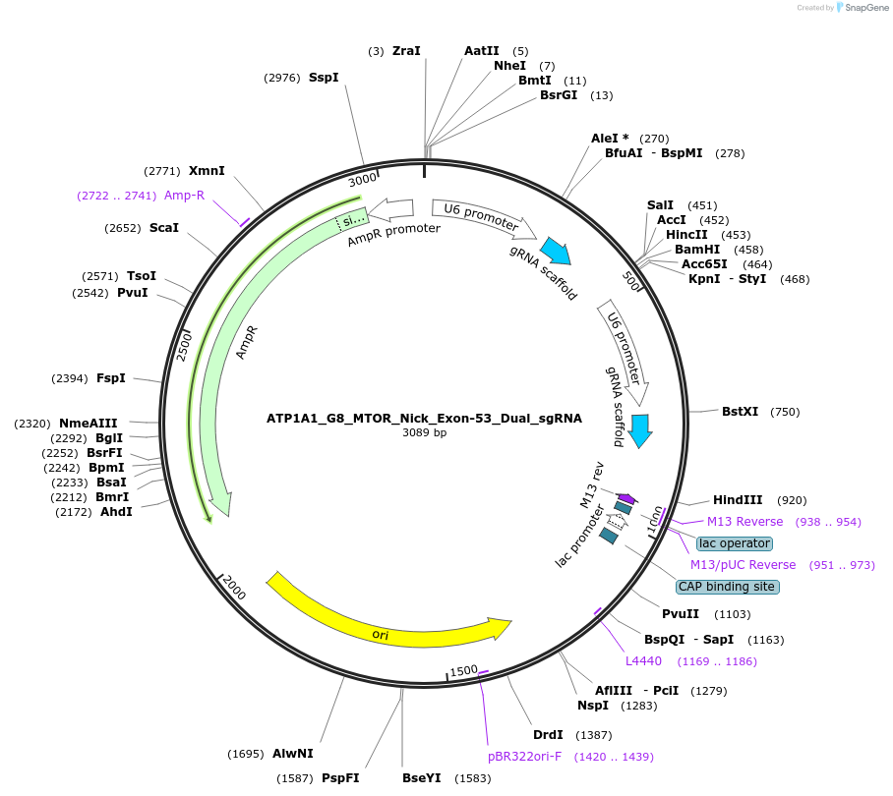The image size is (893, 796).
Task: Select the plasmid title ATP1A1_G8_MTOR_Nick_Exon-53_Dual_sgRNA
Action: [x=424, y=418]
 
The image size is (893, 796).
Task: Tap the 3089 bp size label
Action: [x=424, y=432]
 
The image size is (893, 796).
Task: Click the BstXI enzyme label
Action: [x=740, y=412]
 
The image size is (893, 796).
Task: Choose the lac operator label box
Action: [x=734, y=543]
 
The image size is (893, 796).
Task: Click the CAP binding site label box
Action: [x=727, y=587]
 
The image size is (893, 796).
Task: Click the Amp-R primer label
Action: [x=184, y=196]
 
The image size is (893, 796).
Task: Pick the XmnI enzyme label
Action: [x=207, y=171]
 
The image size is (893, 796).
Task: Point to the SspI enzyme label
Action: [x=324, y=78]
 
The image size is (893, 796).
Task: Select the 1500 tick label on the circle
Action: [x=463, y=671]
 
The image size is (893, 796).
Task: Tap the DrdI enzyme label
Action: [x=548, y=735]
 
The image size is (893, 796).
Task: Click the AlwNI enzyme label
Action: [x=292, y=754]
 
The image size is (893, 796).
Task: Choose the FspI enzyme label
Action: [x=110, y=378]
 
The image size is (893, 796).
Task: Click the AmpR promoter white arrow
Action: [x=392, y=208]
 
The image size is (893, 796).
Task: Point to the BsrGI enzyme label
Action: [x=559, y=95]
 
